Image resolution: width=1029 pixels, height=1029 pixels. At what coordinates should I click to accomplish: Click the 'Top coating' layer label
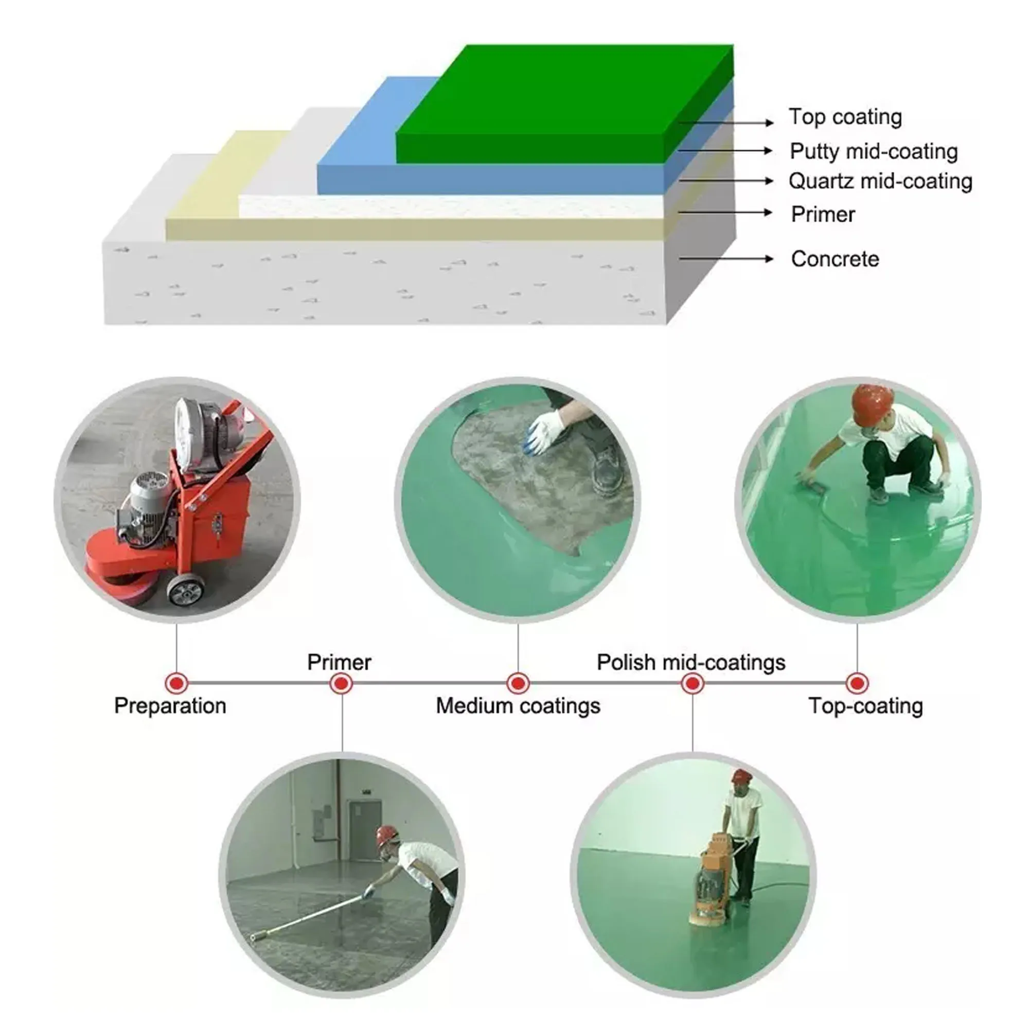845,117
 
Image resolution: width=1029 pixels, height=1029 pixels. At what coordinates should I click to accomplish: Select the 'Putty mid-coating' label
874,151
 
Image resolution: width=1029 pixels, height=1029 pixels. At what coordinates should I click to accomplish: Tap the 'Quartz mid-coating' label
880,181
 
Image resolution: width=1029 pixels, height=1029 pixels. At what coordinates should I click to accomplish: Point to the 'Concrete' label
835,259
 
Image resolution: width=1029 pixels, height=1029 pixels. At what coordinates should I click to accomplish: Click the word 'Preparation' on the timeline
170,706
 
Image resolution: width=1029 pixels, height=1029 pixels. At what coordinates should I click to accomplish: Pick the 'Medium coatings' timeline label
518,706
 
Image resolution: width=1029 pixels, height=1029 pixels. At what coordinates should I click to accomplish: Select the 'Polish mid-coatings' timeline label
691,663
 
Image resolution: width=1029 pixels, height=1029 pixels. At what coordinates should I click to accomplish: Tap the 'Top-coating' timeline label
865,706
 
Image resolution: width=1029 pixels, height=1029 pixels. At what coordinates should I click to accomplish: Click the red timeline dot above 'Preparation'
176,683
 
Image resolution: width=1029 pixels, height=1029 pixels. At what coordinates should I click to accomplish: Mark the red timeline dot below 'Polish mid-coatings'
693,683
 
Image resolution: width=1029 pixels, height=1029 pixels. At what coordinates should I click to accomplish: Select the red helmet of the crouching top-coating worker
872,405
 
